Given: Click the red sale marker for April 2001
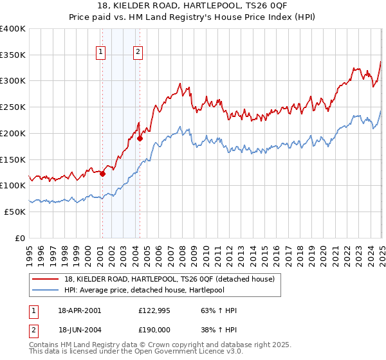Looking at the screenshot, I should [x=103, y=172].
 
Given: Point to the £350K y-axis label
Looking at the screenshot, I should [x=14, y=55].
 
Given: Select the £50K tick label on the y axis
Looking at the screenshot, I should [x=15, y=212].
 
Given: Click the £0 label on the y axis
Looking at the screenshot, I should [x=20, y=238].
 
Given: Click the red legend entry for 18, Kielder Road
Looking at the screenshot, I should [x=170, y=278].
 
